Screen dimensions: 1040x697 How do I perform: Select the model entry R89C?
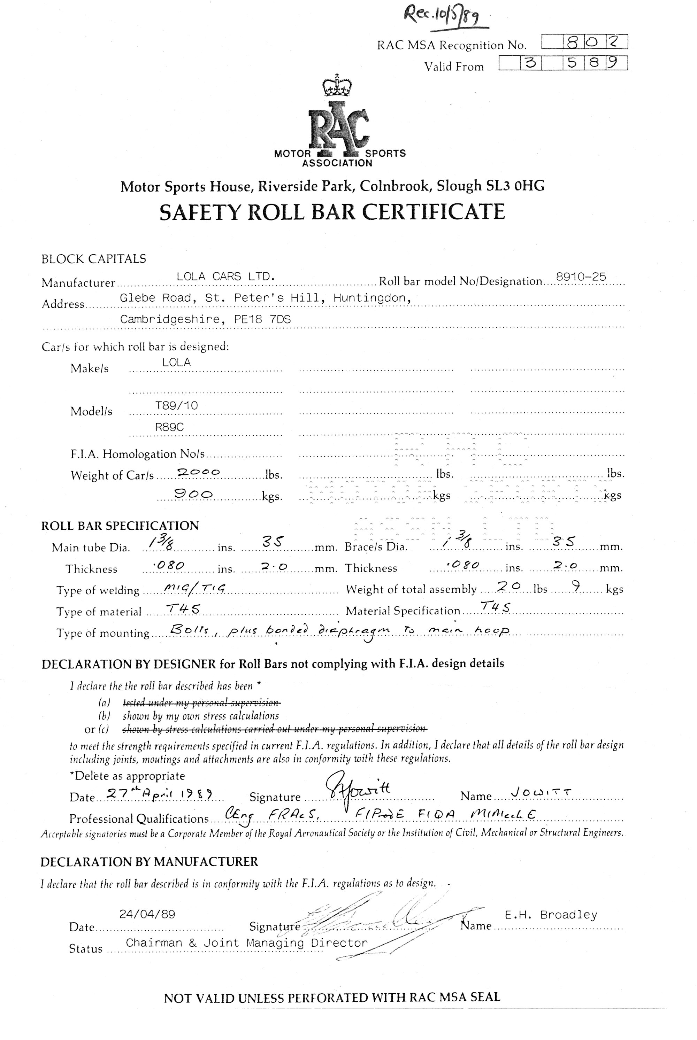(x=169, y=427)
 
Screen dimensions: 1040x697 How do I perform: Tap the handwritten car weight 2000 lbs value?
(x=198, y=472)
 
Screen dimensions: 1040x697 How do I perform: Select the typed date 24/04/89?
(x=147, y=914)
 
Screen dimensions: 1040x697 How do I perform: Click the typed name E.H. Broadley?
(x=551, y=915)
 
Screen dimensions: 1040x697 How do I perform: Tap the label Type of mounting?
(x=103, y=632)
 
